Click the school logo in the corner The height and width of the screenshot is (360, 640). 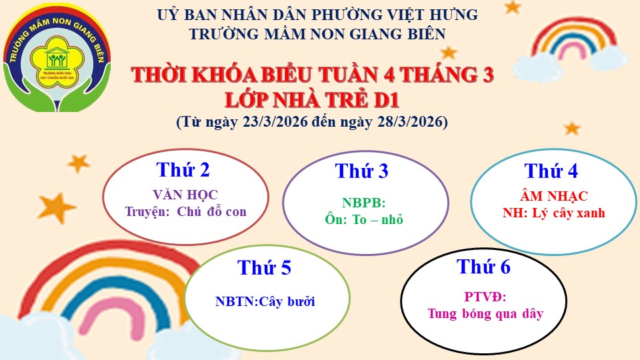coord(57,58)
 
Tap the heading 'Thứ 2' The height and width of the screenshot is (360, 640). coord(183,170)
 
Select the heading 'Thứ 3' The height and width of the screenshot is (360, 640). coord(361,171)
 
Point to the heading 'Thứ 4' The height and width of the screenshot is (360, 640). coord(551,171)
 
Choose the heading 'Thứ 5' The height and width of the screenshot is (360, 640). coord(264,268)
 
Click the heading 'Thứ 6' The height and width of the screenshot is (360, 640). coord(484,267)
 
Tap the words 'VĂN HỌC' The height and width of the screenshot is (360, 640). coord(186,195)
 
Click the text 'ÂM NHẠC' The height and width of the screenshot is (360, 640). coord(554,196)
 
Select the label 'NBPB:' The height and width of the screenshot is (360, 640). coord(364,203)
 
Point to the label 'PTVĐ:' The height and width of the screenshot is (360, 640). coord(485,297)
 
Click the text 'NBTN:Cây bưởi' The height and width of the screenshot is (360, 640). coord(265,301)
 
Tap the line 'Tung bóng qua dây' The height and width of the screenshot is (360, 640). coord(485,313)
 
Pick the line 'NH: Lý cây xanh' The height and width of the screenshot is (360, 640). coord(554,213)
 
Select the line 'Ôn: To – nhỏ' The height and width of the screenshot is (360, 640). coord(364,219)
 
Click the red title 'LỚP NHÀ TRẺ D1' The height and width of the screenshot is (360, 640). coord(312,100)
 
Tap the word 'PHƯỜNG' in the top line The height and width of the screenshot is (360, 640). coord(352,15)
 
